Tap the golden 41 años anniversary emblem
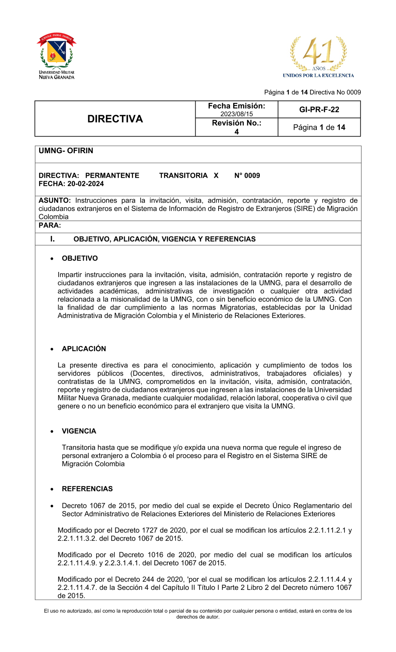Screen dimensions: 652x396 tap(319, 53)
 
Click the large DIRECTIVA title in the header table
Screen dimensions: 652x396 tap(115, 119)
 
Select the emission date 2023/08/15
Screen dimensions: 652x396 tap(236, 114)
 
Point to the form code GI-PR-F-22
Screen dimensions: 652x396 tap(319, 110)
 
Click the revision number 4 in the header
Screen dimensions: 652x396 tap(236, 132)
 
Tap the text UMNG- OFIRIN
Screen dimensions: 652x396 tap(66, 151)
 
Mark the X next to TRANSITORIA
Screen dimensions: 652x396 tap(216, 175)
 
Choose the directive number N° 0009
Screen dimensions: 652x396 tap(247, 175)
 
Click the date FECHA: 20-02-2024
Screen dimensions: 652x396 tap(71, 184)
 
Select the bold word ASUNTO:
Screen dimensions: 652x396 tap(55, 200)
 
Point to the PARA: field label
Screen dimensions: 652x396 tap(50, 225)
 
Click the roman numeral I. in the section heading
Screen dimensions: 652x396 tap(52, 239)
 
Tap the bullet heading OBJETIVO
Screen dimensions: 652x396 tap(80, 259)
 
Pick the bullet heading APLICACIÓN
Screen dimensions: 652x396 tap(84, 349)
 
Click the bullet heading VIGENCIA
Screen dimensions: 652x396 tap(79, 431)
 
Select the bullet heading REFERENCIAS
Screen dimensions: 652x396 tap(87, 489)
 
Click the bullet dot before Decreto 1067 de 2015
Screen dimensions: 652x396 tap(52, 506)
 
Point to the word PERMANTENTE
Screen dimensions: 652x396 tap(112, 175)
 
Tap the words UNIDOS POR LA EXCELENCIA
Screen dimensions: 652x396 tap(318, 75)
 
